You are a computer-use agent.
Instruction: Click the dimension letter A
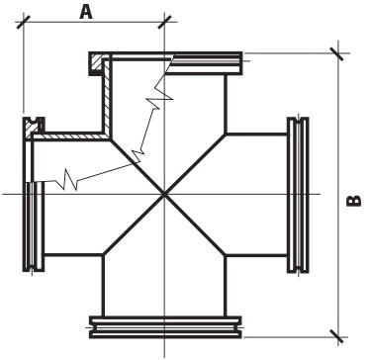coord(86,12)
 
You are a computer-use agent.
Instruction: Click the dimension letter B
coord(354,201)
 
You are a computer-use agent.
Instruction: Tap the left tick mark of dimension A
coord(24,22)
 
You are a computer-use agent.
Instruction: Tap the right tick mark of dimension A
coord(164,22)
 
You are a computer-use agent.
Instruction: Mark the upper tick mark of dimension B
coord(337,53)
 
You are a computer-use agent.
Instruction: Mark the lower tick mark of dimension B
coord(337,336)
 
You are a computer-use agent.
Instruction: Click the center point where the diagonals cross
coord(164,195)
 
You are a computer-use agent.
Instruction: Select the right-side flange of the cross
coord(298,195)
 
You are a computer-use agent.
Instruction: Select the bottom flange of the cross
coord(165,327)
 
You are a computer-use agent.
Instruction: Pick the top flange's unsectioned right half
coord(206,64)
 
